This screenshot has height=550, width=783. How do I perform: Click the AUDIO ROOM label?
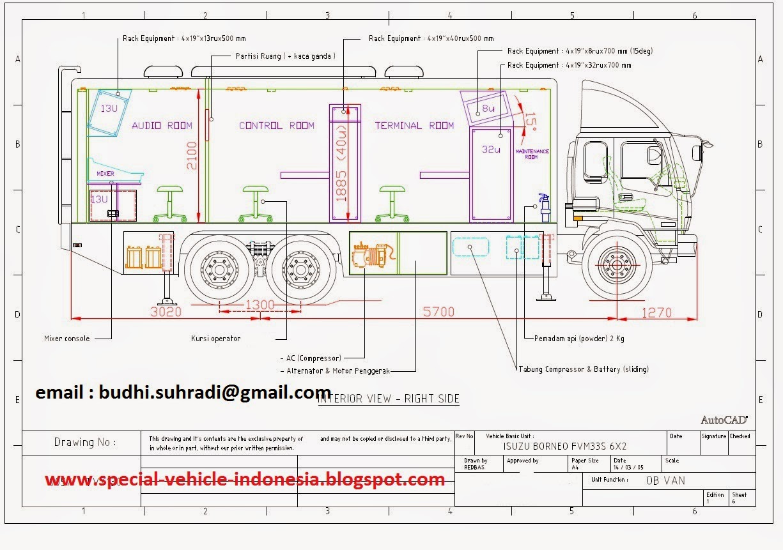(162, 126)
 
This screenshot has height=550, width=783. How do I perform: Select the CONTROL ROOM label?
(277, 126)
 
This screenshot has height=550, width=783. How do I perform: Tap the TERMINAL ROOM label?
(414, 126)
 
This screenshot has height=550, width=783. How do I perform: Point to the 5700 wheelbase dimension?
(438, 312)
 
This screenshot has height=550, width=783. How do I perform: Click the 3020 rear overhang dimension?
(166, 312)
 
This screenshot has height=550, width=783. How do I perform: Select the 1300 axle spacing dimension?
(260, 306)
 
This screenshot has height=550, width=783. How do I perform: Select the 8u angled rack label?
(488, 109)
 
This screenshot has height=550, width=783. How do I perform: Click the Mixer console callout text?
(67, 339)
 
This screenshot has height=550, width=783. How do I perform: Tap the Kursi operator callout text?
(215, 339)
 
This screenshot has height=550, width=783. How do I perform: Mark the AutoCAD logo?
(724, 420)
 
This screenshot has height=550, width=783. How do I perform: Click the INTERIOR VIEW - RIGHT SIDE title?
(389, 399)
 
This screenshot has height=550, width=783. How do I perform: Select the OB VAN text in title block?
(665, 480)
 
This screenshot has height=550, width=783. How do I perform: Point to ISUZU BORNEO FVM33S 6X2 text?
(565, 446)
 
